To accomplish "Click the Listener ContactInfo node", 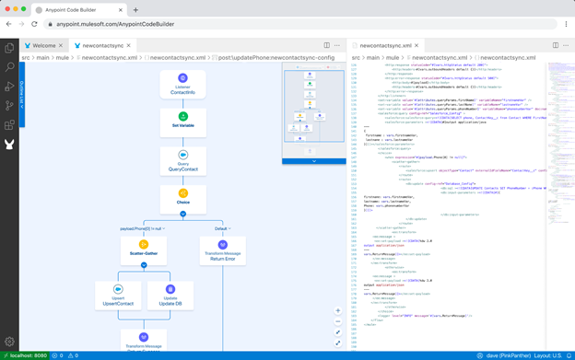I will click(182, 84).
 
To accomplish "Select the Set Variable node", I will click(182, 122).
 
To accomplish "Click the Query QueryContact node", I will click(182, 161).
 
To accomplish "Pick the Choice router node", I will click(182, 198).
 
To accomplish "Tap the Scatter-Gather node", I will click(144, 250).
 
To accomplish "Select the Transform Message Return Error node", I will click(222, 250).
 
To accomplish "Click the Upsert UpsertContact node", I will click(118, 295).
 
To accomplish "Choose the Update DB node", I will click(170, 295).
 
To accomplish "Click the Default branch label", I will click(221, 228).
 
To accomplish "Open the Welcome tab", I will click(43, 45).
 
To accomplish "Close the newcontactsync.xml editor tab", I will click(417, 45).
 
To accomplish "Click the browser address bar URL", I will click(115, 25).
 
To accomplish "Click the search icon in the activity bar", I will click(9, 67).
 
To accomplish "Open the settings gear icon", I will click(9, 342).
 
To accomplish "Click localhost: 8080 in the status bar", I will click(26, 355).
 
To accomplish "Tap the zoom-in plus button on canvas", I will click(338, 311).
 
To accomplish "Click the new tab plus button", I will click(135, 10).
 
